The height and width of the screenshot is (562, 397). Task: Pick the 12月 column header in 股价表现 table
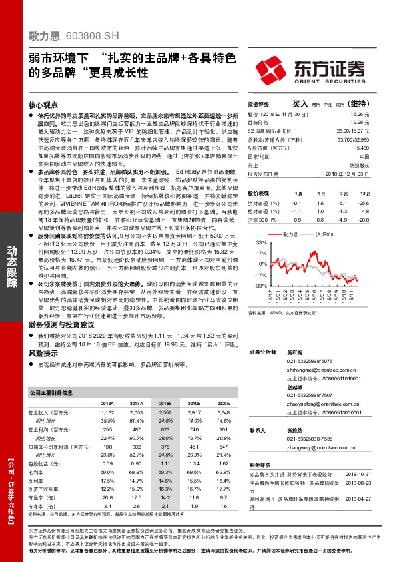[x=362, y=192]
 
